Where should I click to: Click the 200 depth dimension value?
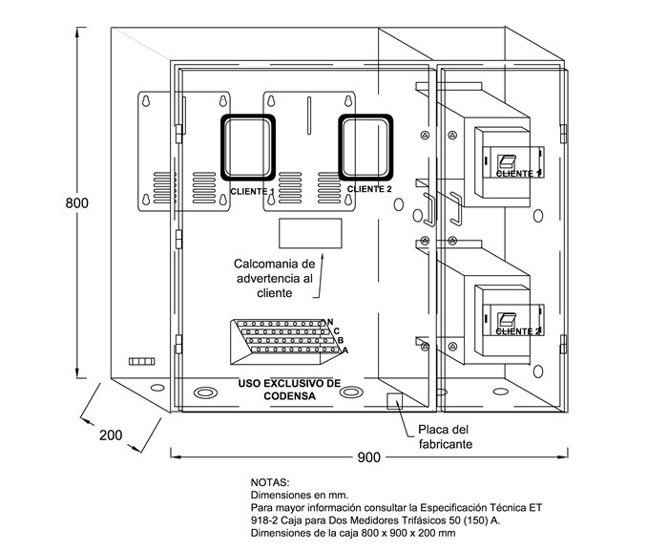coord(111,434)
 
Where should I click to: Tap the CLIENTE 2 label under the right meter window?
coord(368,189)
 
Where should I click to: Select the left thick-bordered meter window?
coord(248,148)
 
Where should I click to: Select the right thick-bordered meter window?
coord(365,146)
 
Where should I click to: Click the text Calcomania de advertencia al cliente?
coord(274,278)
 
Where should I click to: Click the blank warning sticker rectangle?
coord(310,234)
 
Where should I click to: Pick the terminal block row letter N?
coord(329,322)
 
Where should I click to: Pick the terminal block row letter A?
coord(344,350)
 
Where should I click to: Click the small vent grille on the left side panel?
coord(141,361)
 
